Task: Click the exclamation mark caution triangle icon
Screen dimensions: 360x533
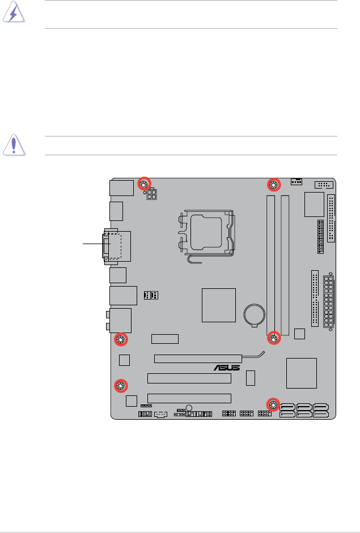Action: tap(14, 145)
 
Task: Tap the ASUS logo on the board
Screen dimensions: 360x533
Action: tap(227, 368)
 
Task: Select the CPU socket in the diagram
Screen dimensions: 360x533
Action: tap(206, 234)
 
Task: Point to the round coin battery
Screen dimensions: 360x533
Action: tap(255, 314)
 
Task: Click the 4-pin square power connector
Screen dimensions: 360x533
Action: tap(152, 194)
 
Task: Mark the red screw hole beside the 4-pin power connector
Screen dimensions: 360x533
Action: tap(144, 184)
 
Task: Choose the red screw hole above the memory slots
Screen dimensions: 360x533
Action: tap(274, 185)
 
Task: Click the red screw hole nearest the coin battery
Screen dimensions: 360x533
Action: tap(274, 338)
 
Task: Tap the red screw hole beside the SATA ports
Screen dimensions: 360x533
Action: tap(273, 404)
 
